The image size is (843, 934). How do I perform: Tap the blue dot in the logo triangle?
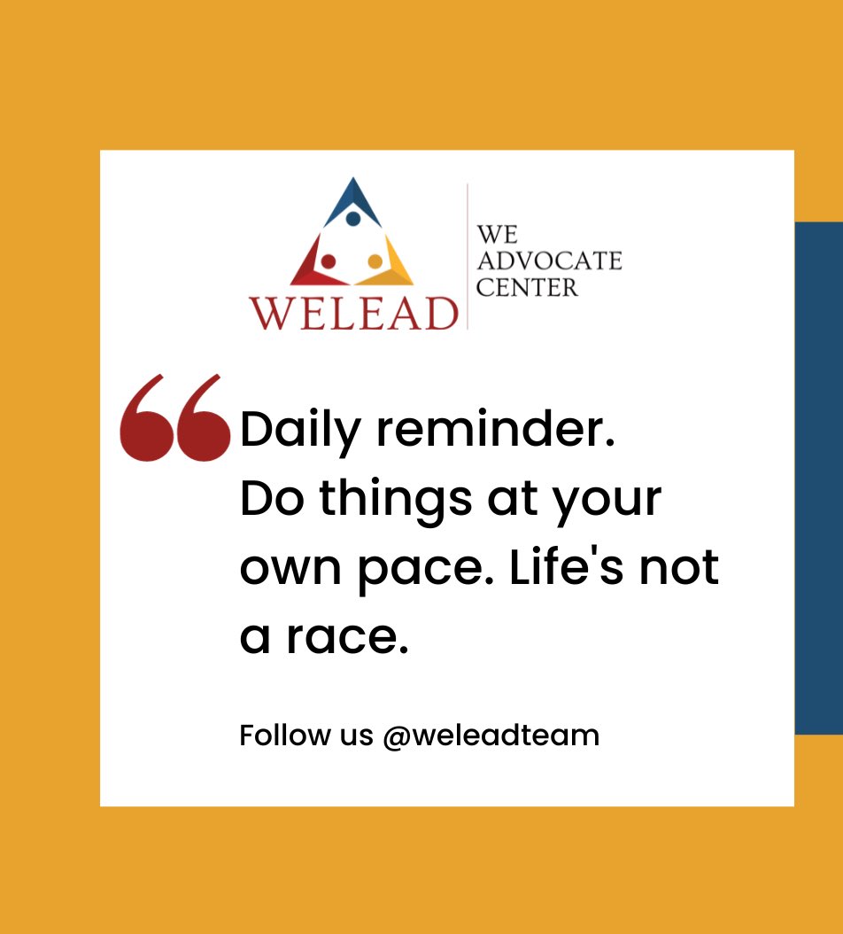click(352, 218)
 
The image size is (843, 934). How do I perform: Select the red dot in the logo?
click(328, 261)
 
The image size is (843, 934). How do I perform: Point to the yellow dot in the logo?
click(375, 261)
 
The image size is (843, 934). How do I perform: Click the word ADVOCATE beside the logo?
click(549, 261)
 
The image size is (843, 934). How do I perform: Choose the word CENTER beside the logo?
click(527, 288)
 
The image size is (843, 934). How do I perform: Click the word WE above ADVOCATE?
click(497, 235)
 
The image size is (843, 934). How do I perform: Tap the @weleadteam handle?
click(491, 736)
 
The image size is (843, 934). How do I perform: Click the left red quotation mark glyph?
click(146, 418)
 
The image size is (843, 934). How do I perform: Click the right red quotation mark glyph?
click(201, 418)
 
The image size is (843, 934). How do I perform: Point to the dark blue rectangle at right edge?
click(818, 479)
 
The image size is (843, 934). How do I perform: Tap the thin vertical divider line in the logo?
click(467, 257)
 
